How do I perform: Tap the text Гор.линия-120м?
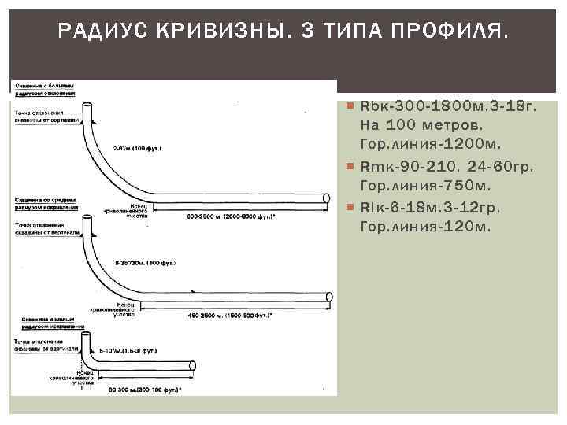[x=424, y=227]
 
